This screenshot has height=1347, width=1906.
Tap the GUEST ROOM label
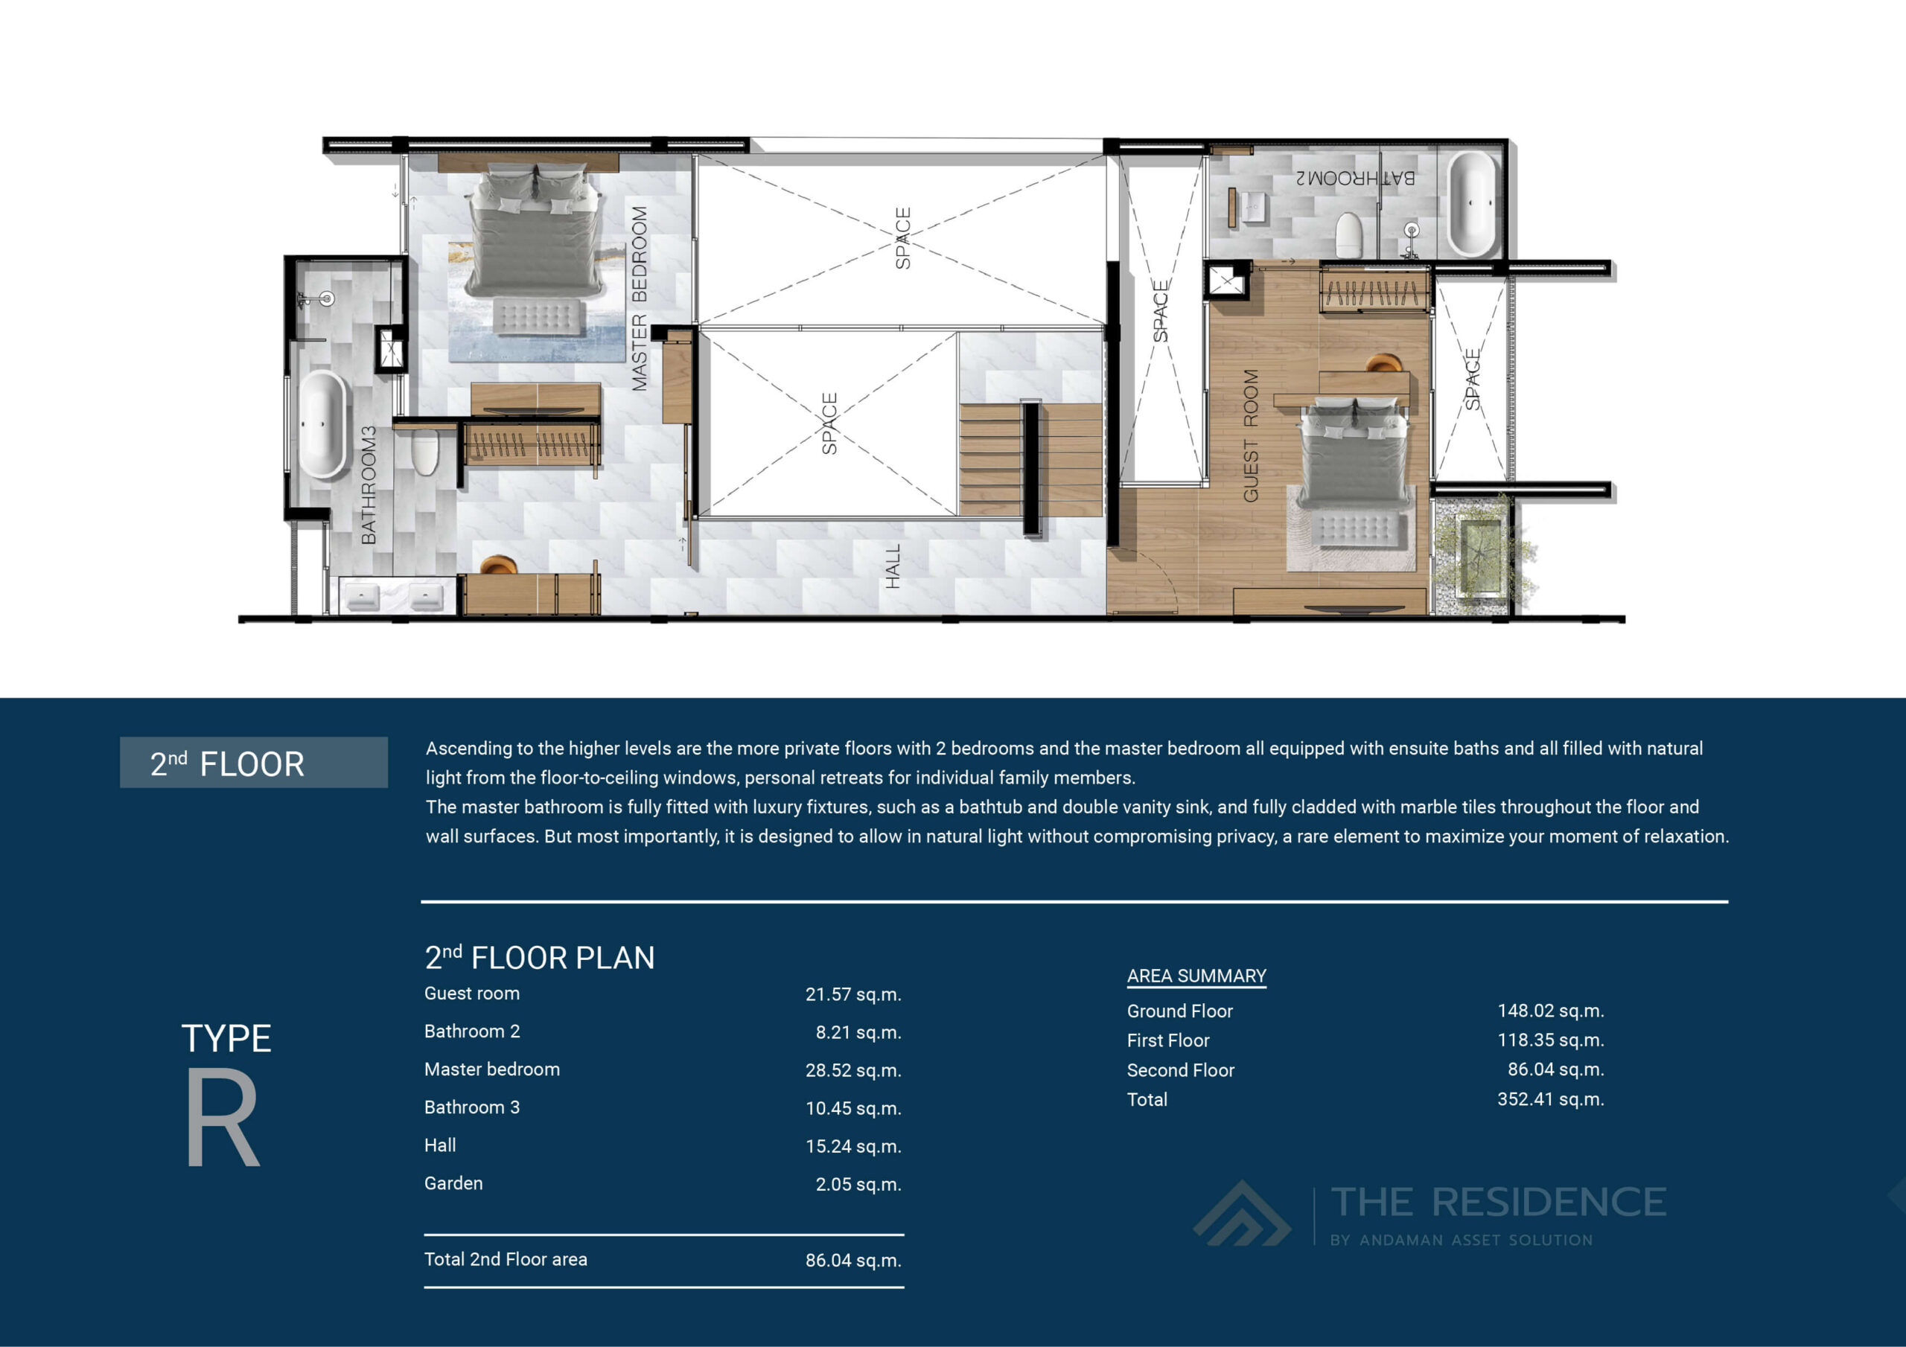1250,435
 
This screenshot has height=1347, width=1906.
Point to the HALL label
893,567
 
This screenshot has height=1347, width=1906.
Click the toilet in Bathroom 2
1348,235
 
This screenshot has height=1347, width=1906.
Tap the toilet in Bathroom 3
424,452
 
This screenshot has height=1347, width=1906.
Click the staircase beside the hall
1030,461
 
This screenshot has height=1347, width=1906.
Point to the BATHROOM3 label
369,485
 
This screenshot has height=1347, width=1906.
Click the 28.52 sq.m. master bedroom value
852,1070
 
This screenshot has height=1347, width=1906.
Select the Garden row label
453,1183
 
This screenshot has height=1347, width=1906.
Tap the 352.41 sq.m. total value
1550,1099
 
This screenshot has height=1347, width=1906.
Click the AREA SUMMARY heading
1196,976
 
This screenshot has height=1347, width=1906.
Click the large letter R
223,1117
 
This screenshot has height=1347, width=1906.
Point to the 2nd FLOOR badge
253,763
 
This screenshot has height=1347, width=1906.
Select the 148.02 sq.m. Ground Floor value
1550,1011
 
